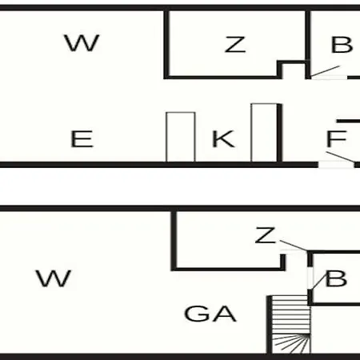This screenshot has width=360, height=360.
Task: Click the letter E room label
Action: click(82, 138)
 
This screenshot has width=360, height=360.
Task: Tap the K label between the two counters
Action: click(223, 138)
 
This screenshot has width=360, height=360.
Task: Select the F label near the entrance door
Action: click(337, 138)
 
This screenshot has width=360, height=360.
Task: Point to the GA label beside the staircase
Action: click(210, 314)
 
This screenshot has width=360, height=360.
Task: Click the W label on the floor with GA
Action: click(54, 278)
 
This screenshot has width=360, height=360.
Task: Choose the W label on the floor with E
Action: click(82, 42)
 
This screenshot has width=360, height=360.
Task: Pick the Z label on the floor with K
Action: click(235, 45)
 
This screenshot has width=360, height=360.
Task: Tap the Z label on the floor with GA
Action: click(266, 235)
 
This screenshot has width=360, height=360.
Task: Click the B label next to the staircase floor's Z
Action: click(336, 278)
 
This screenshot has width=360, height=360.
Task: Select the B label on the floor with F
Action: click(342, 45)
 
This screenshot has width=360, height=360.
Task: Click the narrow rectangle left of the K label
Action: click(181, 137)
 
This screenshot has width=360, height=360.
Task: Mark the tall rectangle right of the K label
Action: click(264, 133)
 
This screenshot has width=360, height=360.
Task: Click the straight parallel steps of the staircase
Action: click(291, 314)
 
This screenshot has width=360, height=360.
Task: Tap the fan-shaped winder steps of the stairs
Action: click(291, 344)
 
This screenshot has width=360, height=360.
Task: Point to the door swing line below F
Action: click(341, 157)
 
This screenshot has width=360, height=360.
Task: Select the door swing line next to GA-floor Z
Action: click(294, 246)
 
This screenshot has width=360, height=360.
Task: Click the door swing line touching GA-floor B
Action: click(318, 282)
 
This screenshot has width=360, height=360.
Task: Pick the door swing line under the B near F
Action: click(326, 71)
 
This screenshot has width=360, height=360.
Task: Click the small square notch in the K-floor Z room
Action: click(294, 70)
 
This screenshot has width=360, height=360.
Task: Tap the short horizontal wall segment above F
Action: click(348, 121)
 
